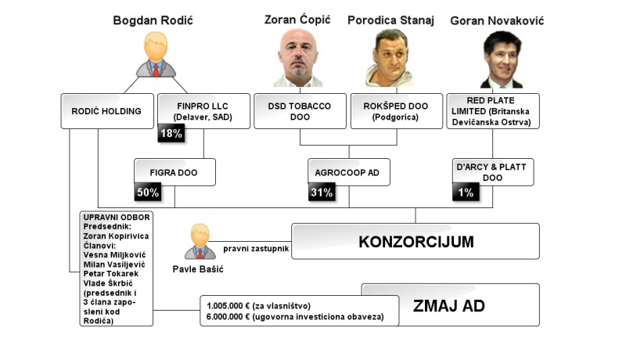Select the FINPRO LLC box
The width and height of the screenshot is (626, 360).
point(203,110)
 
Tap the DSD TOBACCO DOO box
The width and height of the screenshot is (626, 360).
point(300,110)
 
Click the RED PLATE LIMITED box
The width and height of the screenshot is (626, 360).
point(492,110)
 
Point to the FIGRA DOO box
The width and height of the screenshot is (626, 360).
point(174,171)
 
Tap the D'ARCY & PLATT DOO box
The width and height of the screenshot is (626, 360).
point(493,172)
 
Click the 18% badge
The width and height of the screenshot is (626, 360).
point(171,134)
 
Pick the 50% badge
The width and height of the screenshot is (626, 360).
point(148,192)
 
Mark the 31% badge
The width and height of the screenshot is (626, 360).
point(321,192)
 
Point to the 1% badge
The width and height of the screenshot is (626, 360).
point(464,192)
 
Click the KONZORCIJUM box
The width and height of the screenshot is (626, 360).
point(416,241)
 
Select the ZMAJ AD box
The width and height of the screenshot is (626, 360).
point(449,304)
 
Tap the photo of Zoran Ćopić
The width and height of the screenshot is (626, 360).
point(301,59)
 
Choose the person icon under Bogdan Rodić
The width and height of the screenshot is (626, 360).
point(156,58)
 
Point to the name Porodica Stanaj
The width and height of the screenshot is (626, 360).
point(401,20)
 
